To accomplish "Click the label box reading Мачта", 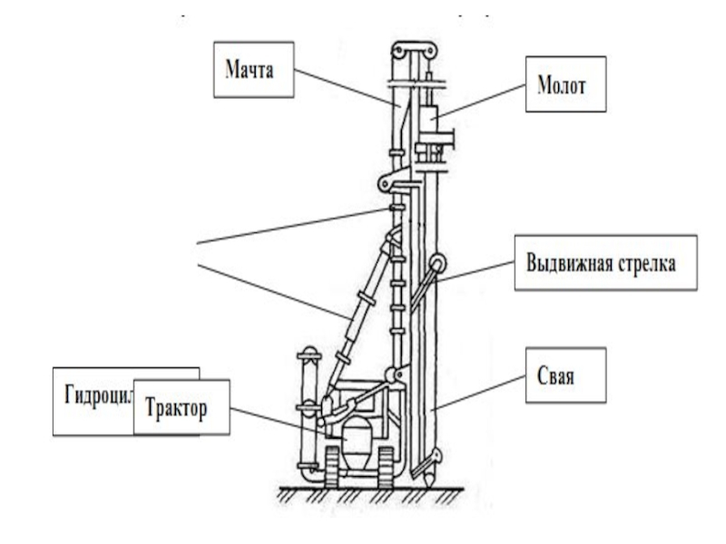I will pyautogui.click(x=254, y=68).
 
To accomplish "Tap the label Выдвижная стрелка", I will pyautogui.click(x=605, y=263).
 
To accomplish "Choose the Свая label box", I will pyautogui.click(x=564, y=374).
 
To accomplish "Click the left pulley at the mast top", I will pyautogui.click(x=399, y=50).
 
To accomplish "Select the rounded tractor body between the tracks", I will pyautogui.click(x=358, y=449).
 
